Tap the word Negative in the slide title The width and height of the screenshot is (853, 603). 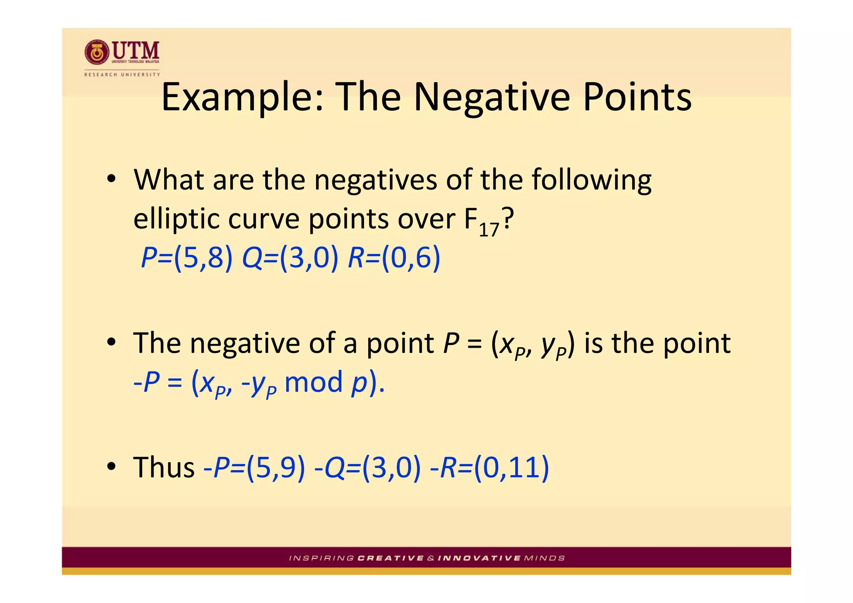(491, 97)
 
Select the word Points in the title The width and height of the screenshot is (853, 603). (637, 97)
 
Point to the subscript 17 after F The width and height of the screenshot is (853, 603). (489, 229)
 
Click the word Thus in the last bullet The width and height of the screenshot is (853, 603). (164, 467)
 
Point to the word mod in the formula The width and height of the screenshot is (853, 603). (313, 382)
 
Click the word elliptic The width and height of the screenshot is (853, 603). (175, 219)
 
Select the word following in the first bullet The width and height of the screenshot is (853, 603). (591, 180)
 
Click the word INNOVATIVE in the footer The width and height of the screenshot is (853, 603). (479, 558)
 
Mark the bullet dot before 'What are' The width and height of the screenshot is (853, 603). (111, 179)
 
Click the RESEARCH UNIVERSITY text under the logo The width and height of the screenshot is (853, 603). (122, 75)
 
